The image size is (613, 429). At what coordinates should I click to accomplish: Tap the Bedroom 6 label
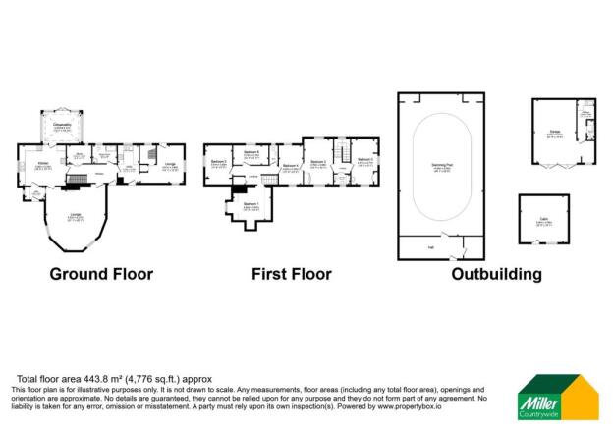point(251,152)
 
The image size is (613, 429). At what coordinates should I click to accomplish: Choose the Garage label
point(552,135)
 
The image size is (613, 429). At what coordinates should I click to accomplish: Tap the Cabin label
point(543,221)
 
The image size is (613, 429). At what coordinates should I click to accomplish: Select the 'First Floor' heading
point(291,274)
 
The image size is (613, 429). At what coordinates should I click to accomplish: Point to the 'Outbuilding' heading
point(496,274)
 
